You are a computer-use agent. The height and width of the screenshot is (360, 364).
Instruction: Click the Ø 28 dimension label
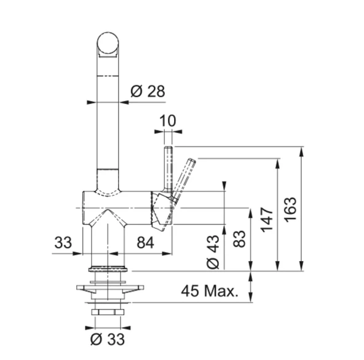click(x=148, y=91)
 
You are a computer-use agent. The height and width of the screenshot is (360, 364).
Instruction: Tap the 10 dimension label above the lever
click(x=168, y=121)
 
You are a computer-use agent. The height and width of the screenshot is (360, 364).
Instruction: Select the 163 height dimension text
click(x=291, y=210)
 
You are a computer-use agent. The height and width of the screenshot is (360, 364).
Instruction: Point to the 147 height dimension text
click(x=267, y=220)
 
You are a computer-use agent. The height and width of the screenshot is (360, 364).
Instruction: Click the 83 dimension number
click(x=239, y=239)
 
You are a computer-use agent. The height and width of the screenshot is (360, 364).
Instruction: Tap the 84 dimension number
click(x=145, y=242)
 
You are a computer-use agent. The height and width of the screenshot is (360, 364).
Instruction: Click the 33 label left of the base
click(x=63, y=242)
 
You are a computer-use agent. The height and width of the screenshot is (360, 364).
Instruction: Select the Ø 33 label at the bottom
click(x=108, y=339)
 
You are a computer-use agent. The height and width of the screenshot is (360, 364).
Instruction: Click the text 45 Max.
click(x=210, y=291)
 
